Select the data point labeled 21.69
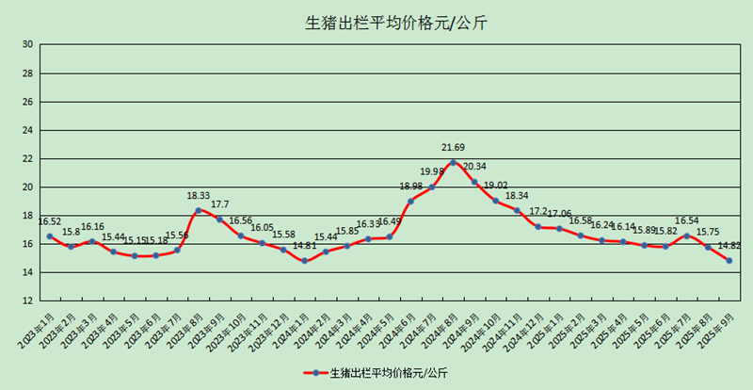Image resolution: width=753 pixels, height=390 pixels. [x=453, y=162]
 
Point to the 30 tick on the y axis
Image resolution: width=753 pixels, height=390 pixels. [x=27, y=44]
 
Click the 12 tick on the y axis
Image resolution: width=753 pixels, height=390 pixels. [x=27, y=301]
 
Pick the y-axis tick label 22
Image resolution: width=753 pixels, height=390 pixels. [x=27, y=158]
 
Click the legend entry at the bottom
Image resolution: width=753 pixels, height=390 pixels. [x=376, y=373]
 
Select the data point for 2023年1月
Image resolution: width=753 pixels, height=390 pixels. [x=49, y=236]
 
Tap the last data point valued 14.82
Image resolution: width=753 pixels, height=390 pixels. [x=729, y=260]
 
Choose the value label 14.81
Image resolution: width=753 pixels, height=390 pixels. [x=304, y=246]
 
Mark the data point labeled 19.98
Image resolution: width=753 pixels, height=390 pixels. [x=432, y=187]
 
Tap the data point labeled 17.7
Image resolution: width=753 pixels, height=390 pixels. [x=219, y=219]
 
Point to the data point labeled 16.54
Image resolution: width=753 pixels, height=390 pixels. [x=686, y=236]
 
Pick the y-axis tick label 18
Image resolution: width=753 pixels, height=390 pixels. [x=27, y=215]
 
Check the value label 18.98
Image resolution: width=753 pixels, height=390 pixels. [x=410, y=187]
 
